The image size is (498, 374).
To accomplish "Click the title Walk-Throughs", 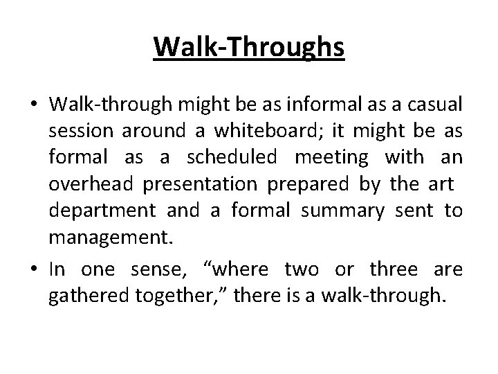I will tap(248, 48).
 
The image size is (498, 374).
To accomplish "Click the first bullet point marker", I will tap(34, 105).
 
